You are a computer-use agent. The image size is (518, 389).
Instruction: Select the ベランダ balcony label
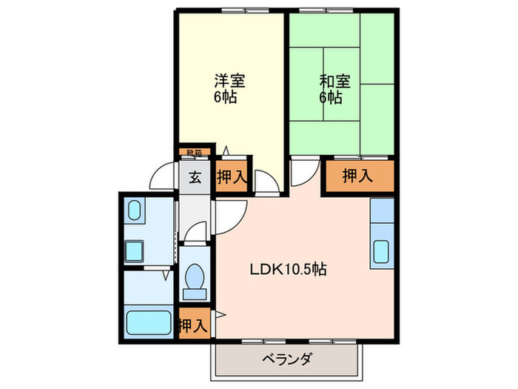[x=286, y=361]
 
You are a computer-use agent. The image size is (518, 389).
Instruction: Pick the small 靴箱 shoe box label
[x=195, y=154]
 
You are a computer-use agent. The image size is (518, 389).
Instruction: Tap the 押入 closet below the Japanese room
[x=357, y=176]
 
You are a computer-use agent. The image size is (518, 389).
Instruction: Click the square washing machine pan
[x=135, y=252]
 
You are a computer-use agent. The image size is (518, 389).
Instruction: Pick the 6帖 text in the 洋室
[x=227, y=97]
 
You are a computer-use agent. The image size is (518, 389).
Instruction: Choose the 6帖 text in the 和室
[x=331, y=97]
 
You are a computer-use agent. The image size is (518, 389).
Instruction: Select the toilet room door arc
[x=195, y=231]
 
